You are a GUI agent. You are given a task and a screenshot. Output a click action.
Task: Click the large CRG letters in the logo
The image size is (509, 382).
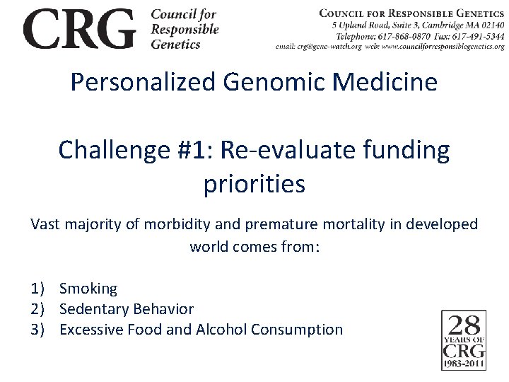pyautogui.click(x=79, y=29)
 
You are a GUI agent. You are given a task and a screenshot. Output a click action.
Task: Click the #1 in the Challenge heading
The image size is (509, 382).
pyautogui.click(x=195, y=150)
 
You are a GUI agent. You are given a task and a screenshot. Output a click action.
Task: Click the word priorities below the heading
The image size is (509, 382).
pyautogui.click(x=254, y=184)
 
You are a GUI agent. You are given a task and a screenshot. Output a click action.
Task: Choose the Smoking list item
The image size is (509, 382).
pyautogui.click(x=88, y=289)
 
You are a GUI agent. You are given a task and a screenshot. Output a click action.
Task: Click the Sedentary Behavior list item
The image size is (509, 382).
pyautogui.click(x=127, y=309)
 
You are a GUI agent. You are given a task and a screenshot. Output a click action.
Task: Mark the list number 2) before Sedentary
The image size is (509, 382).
pyautogui.click(x=38, y=309)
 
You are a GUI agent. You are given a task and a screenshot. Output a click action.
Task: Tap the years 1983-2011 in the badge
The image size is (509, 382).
pyautogui.click(x=463, y=363)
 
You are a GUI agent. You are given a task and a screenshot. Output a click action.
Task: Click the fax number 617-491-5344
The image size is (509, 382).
pyautogui.click(x=481, y=35)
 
